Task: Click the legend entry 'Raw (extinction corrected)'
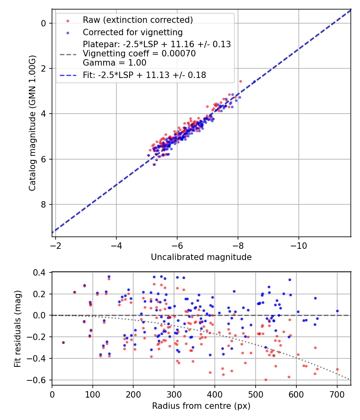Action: [138, 20]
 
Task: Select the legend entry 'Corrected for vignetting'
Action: [132, 32]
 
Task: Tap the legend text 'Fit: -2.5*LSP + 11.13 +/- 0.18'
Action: [144, 75]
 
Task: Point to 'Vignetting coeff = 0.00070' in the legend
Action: [139, 54]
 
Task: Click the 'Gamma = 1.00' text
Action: [114, 63]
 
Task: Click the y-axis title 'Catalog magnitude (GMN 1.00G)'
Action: [32, 122]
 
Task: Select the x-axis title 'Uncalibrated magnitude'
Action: [201, 257]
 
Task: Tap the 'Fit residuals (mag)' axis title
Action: [17, 329]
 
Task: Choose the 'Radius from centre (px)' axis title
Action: [201, 406]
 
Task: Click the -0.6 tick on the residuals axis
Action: [42, 380]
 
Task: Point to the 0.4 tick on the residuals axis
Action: [43, 272]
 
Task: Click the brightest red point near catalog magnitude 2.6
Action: [240, 81]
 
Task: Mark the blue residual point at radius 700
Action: [337, 311]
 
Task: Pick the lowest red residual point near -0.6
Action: [266, 380]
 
